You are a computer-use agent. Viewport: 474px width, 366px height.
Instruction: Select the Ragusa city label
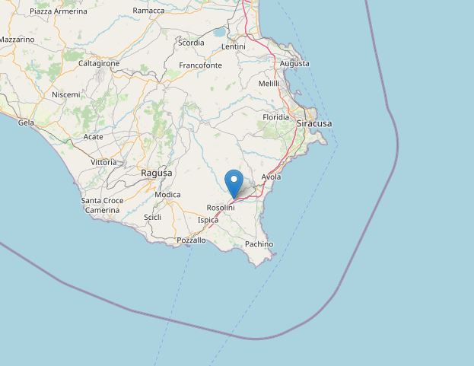(x=157, y=173)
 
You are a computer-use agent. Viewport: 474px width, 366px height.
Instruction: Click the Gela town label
(x=26, y=122)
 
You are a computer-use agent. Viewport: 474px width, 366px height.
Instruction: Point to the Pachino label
(x=259, y=243)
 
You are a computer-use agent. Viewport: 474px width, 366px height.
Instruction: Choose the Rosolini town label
(x=221, y=208)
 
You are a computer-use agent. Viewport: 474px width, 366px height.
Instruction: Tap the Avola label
(x=271, y=177)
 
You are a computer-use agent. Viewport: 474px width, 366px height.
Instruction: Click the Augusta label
(x=294, y=63)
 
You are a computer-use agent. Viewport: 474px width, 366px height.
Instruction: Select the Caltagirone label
(x=99, y=63)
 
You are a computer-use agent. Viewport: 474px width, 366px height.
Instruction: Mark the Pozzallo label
(x=191, y=240)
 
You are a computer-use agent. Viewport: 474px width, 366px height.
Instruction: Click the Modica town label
(x=167, y=195)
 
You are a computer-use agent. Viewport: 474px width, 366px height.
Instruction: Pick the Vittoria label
(x=103, y=162)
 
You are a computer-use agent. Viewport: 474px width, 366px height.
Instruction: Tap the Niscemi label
(x=65, y=94)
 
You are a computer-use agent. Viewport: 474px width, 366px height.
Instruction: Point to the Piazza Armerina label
(x=59, y=11)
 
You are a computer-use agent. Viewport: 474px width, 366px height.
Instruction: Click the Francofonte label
(x=200, y=65)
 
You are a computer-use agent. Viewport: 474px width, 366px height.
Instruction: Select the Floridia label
(x=275, y=117)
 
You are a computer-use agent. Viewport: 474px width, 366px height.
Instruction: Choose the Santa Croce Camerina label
(x=102, y=205)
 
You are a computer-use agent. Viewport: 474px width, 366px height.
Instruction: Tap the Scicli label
(x=152, y=218)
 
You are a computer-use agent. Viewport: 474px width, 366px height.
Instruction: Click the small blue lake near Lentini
(x=220, y=33)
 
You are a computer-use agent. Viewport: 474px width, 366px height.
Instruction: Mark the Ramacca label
(x=148, y=11)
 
